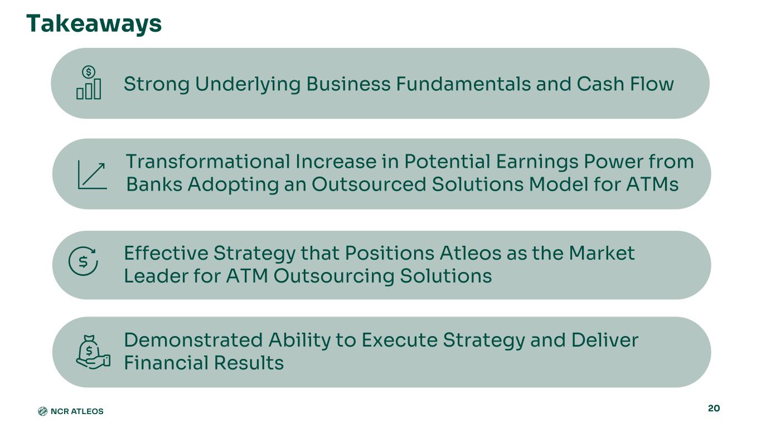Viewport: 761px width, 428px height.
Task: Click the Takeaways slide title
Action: [94, 24]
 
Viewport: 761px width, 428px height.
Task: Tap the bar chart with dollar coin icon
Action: [89, 82]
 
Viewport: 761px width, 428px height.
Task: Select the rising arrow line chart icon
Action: [92, 174]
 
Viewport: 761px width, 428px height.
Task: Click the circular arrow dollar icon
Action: [83, 261]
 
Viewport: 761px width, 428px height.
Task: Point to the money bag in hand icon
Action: [93, 352]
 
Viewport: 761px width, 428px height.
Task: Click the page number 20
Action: [714, 408]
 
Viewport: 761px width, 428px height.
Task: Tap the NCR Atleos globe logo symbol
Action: [42, 411]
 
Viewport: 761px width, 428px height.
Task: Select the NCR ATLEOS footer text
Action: [77, 411]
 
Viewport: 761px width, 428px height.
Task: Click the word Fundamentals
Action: [463, 84]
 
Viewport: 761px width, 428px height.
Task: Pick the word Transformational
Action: [208, 162]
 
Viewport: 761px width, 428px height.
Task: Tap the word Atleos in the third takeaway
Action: [471, 253]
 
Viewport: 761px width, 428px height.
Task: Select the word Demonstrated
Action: [193, 340]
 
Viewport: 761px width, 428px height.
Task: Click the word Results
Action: [249, 362]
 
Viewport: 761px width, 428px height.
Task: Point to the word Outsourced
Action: [369, 184]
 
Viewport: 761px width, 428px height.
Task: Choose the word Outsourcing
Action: [334, 275]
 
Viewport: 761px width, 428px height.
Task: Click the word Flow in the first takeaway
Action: [652, 84]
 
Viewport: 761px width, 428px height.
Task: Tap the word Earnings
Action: [537, 162]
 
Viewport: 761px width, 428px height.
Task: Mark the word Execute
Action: [400, 340]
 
